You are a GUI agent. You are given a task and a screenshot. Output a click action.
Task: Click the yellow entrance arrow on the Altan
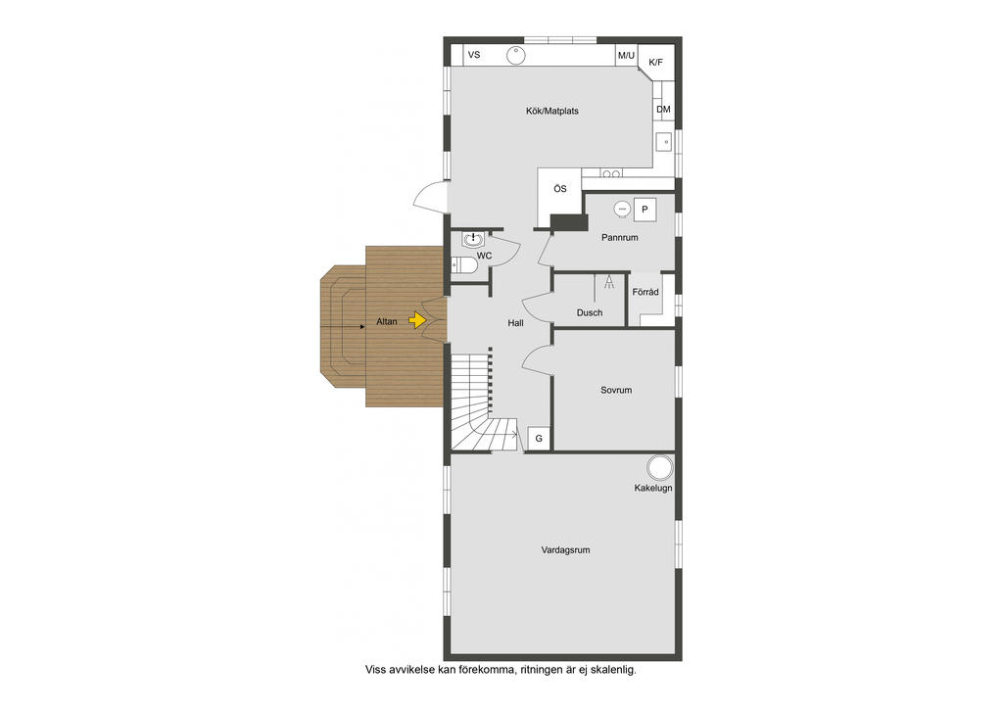point(418,319)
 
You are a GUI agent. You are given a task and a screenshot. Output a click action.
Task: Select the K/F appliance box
point(655,63)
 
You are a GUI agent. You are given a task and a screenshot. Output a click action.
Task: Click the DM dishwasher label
point(663,109)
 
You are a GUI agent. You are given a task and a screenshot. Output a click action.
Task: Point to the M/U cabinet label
point(626,56)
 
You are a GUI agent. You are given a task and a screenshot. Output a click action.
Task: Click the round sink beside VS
point(516,56)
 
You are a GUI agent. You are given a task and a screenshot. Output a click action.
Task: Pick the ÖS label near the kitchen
point(559,188)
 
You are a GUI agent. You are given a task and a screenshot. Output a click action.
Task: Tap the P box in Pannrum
point(645,209)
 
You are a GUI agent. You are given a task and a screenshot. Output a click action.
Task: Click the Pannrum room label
point(620,238)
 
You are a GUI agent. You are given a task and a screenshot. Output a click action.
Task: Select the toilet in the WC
point(464,264)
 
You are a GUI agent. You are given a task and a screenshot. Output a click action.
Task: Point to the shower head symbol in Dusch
point(609,283)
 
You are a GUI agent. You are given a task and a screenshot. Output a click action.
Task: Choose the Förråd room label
point(645,292)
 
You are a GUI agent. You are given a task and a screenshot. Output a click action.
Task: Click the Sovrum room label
point(616,390)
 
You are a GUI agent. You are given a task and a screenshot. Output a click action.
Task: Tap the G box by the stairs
point(538,438)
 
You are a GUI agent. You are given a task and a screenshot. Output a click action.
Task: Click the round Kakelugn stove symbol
point(658,466)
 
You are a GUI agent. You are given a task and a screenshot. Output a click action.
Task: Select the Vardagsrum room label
point(565,550)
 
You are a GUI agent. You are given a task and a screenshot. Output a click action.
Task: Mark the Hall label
point(515,322)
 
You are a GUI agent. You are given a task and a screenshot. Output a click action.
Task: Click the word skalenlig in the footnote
point(614,671)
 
